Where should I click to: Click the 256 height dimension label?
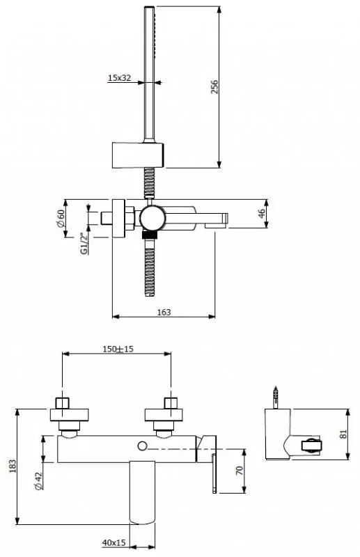214,87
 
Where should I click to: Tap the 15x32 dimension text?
119,78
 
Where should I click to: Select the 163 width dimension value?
164,312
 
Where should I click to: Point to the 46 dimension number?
262,214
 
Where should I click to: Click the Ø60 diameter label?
61,219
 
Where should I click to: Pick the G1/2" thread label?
84,244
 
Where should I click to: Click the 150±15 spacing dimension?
118,350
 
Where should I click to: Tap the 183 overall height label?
13,466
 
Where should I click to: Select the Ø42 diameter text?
39,481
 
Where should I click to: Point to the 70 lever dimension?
240,471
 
